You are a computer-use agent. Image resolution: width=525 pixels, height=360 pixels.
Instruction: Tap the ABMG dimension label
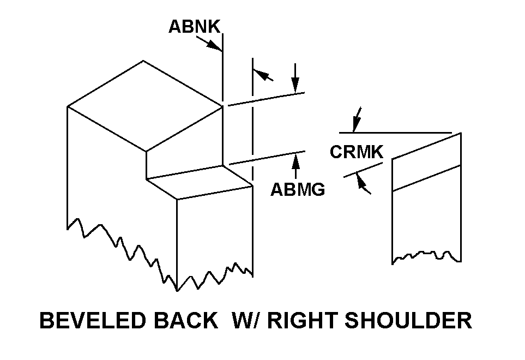click(x=298, y=189)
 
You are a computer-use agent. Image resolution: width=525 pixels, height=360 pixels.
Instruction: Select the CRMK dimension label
click(x=357, y=152)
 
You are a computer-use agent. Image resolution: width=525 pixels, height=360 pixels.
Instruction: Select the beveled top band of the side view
click(x=426, y=161)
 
